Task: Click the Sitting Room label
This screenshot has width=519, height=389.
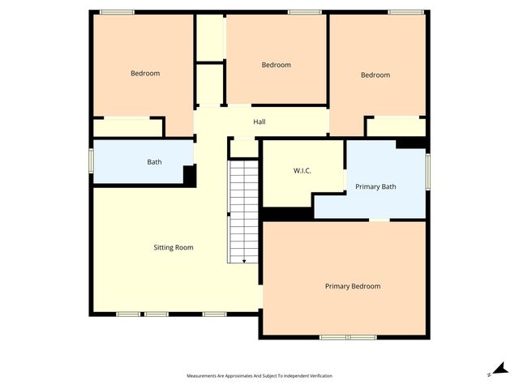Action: coord(174,247)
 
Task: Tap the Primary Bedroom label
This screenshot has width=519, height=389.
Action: coord(353,286)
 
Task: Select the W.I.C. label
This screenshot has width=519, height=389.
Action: coord(302,171)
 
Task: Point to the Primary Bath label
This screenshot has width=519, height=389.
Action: coord(375,187)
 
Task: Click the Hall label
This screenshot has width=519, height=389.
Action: coord(259,122)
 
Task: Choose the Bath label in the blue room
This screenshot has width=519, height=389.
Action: coord(154,162)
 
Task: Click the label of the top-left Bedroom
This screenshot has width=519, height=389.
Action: coord(145,73)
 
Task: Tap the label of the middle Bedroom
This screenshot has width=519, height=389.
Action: coord(276,65)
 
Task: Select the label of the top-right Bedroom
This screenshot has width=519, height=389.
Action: coord(375,75)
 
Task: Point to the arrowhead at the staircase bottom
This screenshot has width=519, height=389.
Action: coord(244,261)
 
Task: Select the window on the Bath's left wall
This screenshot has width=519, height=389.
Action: coord(92,161)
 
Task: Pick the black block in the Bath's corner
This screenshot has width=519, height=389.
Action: coord(189,176)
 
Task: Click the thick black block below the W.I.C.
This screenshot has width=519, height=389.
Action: coord(287,214)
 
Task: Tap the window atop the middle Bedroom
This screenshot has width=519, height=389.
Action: coord(304,11)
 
